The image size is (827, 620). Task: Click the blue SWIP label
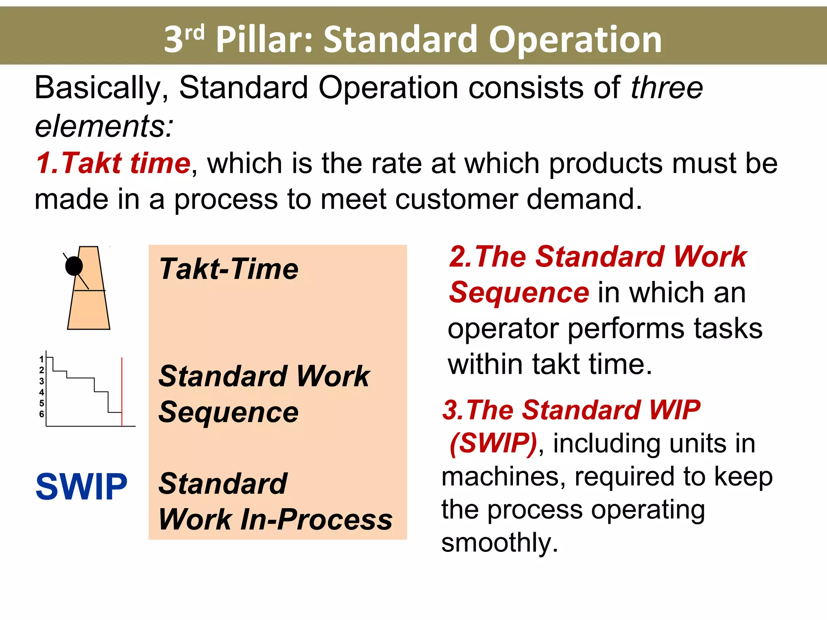pyautogui.click(x=82, y=487)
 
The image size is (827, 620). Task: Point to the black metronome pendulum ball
pyautogui.click(x=74, y=266)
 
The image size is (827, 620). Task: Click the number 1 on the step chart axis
pyautogui.click(x=41, y=359)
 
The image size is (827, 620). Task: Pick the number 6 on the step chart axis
pyautogui.click(x=41, y=414)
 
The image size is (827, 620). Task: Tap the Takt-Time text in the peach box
pyautogui.click(x=229, y=269)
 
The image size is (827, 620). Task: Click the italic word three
pyautogui.click(x=667, y=88)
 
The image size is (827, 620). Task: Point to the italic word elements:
pyautogui.click(x=104, y=126)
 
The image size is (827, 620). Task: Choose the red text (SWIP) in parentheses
pyautogui.click(x=493, y=443)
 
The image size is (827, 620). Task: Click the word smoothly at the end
pyautogui.click(x=500, y=542)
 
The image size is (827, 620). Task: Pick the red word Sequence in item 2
pyautogui.click(x=519, y=292)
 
